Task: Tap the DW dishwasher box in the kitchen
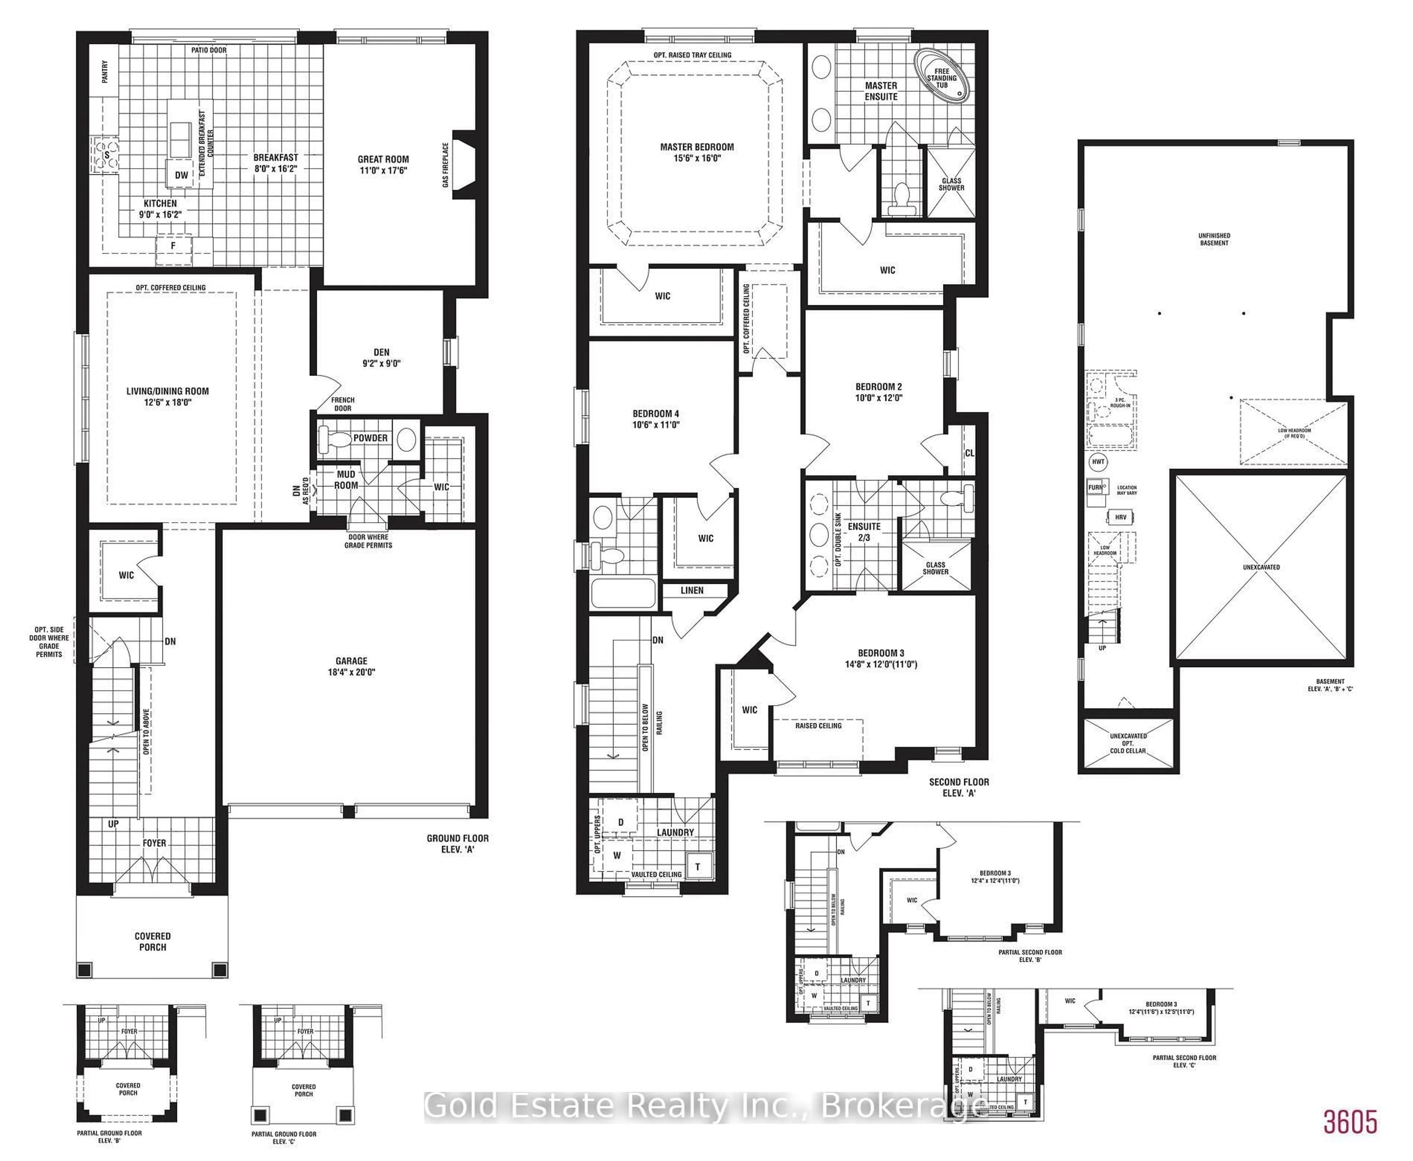[x=181, y=175]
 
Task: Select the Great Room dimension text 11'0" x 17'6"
[x=383, y=170]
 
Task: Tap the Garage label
[x=351, y=661]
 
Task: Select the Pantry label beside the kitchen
[x=105, y=71]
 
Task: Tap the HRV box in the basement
[x=1120, y=517]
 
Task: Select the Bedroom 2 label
[x=879, y=386]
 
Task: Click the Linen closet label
[x=692, y=591]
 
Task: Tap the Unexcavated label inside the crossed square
[x=1261, y=567]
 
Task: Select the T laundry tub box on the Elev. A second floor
[x=697, y=867]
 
